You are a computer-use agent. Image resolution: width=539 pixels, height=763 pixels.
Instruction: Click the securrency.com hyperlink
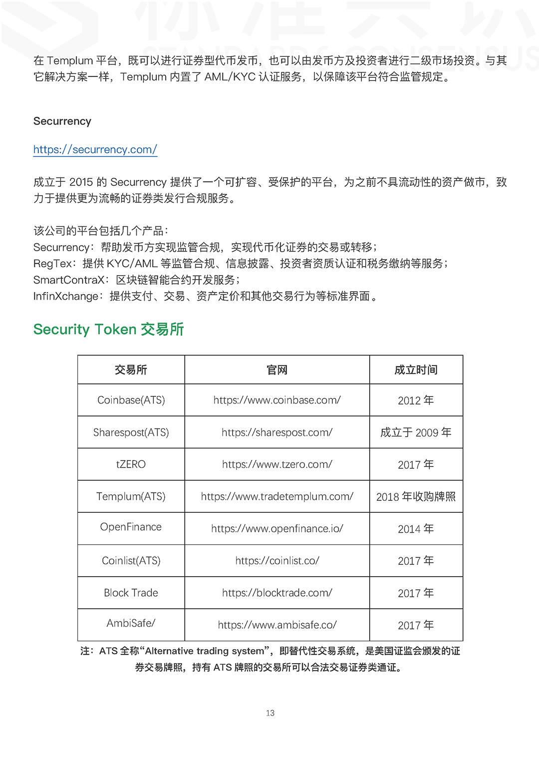(95, 149)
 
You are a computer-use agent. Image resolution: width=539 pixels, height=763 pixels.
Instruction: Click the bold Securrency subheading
(62, 121)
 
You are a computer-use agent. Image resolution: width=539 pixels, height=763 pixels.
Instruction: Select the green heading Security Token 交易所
(108, 329)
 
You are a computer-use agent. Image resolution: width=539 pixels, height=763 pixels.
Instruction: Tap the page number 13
(270, 713)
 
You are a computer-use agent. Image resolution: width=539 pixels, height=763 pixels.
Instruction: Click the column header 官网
(277, 370)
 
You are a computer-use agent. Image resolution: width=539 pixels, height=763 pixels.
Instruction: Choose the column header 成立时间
(416, 370)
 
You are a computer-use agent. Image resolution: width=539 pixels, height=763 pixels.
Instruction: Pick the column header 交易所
(131, 370)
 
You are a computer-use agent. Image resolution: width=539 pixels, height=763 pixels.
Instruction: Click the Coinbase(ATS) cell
(131, 400)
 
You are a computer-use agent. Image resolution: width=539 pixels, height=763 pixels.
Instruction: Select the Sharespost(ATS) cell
(131, 432)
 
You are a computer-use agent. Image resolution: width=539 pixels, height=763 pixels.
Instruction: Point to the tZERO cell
(131, 464)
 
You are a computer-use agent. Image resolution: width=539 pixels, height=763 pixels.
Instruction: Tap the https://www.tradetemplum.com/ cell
(277, 496)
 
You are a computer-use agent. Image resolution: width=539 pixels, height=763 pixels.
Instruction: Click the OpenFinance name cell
(131, 527)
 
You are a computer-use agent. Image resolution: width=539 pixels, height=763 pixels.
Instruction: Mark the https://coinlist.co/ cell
(277, 561)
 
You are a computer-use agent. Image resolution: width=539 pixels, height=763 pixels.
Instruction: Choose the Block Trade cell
(131, 593)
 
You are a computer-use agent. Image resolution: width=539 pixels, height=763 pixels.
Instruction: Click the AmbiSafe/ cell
(131, 623)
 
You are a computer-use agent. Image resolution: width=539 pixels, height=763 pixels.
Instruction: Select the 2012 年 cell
(416, 400)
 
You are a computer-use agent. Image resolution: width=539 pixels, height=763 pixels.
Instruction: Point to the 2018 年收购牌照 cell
(416, 497)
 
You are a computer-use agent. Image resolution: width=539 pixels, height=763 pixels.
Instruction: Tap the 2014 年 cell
(416, 529)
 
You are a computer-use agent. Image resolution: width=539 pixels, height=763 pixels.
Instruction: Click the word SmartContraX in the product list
(69, 280)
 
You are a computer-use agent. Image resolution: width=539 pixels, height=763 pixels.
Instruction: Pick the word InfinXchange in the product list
(66, 296)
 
